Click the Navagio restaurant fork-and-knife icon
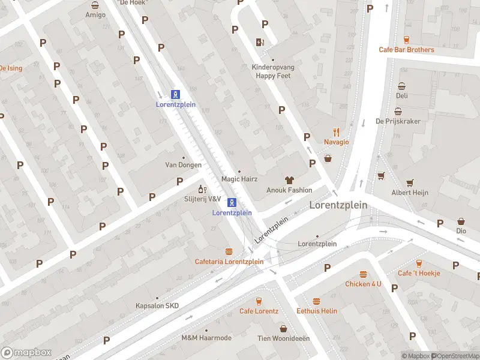click(x=337, y=131)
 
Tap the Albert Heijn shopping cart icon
click(x=410, y=182)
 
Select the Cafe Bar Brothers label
click(x=406, y=50)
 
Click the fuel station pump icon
click(x=260, y=42)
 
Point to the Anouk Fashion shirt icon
click(x=289, y=179)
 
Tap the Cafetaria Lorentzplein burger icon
click(x=229, y=251)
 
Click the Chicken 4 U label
click(x=363, y=284)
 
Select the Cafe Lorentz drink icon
click(x=259, y=301)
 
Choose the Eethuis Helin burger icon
click(x=316, y=301)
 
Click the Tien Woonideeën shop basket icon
click(x=284, y=328)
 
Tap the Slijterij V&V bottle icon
click(x=202, y=190)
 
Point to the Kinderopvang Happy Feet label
click(x=273, y=72)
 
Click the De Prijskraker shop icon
click(x=398, y=111)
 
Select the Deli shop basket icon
click(x=401, y=86)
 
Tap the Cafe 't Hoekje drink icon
click(x=418, y=263)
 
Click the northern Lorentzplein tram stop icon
click(x=175, y=94)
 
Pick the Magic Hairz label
click(x=239, y=179)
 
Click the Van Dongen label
click(x=183, y=164)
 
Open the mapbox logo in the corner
click(x=26, y=353)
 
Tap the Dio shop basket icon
click(x=461, y=221)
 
